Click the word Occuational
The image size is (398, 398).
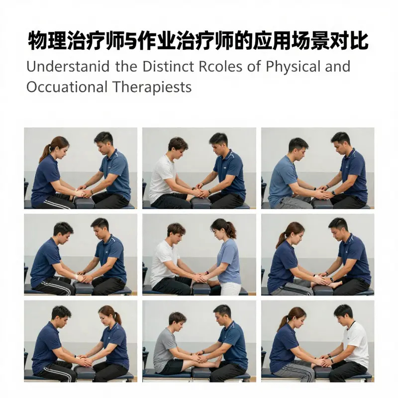coord(65,87)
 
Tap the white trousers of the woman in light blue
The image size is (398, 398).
coord(230,288)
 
